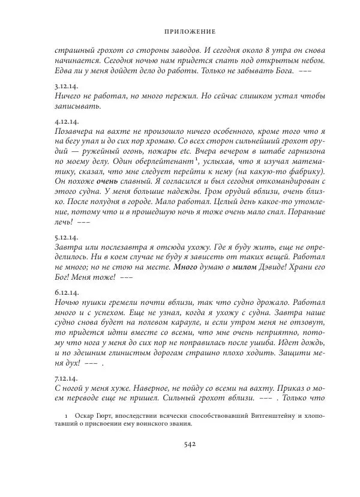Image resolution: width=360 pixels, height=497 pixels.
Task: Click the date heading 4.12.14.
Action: tap(64, 121)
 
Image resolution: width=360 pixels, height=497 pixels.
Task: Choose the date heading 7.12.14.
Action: tap(64, 379)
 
